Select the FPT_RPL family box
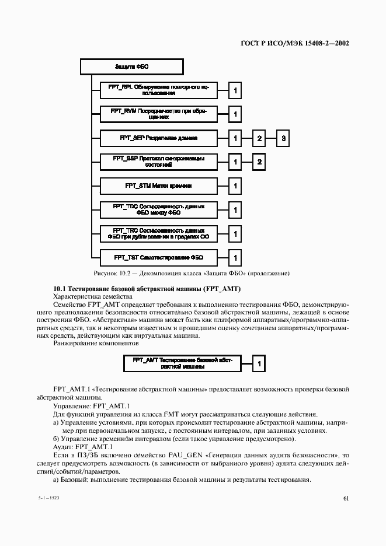(158, 90)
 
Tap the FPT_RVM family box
(158, 114)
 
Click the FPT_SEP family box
(158, 138)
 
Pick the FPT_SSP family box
(158, 162)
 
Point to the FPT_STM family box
(158, 186)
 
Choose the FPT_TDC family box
(158, 210)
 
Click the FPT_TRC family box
(158, 234)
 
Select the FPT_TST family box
(158, 257)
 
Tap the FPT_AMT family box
(182, 364)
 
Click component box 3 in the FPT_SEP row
(283, 138)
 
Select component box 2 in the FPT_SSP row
(259, 162)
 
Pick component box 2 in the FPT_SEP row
(259, 138)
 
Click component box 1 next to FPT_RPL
(235, 90)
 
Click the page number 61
(346, 498)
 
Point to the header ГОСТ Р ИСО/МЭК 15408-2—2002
(295, 43)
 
